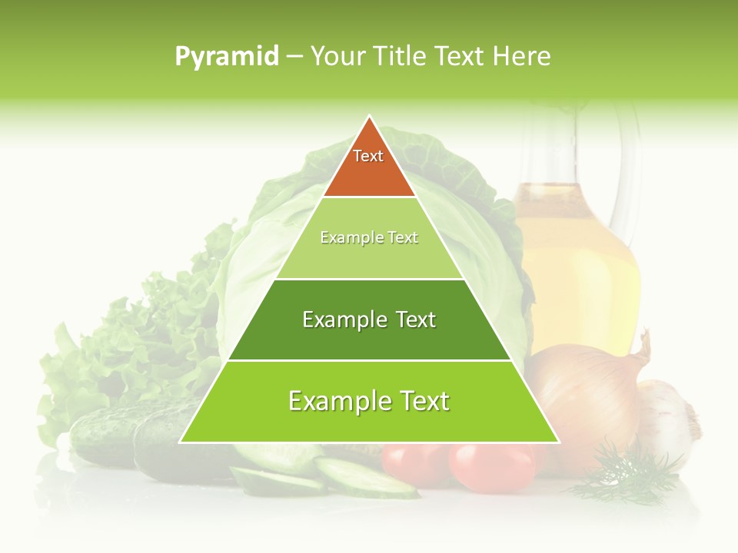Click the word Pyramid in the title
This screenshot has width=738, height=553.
tap(226, 57)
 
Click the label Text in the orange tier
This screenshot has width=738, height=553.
tap(368, 157)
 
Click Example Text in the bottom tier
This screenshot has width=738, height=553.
tap(369, 401)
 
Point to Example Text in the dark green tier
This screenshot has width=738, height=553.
tap(369, 320)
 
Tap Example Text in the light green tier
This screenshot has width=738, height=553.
tap(369, 238)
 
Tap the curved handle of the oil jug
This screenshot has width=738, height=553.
tap(635, 169)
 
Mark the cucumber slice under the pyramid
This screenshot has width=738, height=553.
tap(361, 476)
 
